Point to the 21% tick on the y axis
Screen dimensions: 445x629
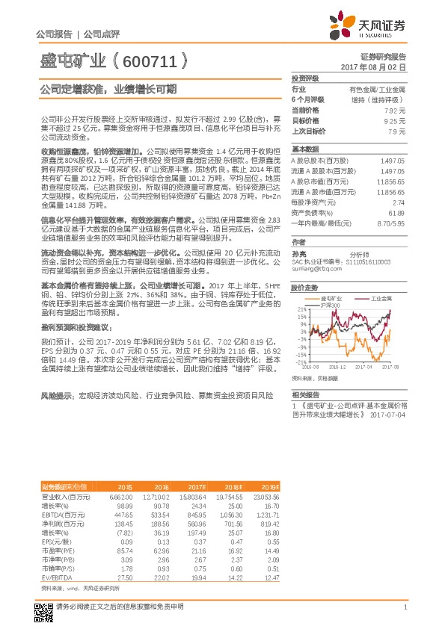click(301, 309)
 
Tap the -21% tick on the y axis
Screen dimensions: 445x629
click(300, 362)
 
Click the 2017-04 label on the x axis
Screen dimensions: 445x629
click(363, 367)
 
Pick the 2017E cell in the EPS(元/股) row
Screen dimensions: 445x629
click(197, 540)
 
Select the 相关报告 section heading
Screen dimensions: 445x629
click(306, 394)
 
